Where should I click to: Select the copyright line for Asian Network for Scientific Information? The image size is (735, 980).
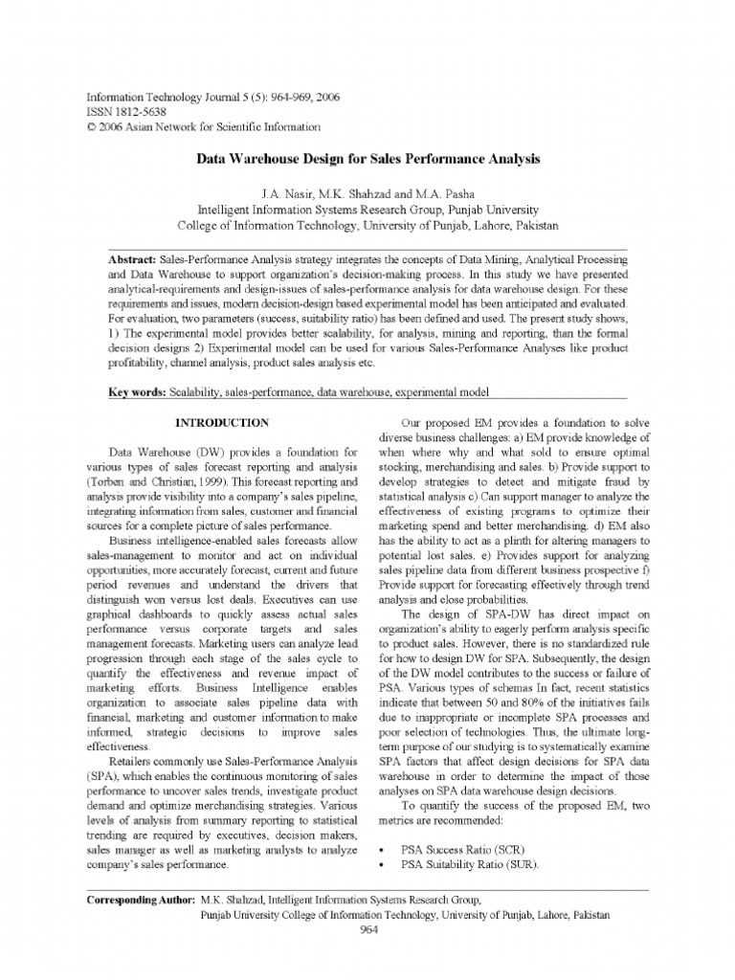click(x=203, y=126)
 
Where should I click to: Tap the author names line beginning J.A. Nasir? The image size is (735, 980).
click(x=368, y=193)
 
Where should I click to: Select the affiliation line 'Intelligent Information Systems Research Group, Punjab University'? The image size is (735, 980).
click(x=368, y=210)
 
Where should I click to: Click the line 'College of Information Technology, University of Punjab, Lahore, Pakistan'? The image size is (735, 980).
click(x=368, y=226)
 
